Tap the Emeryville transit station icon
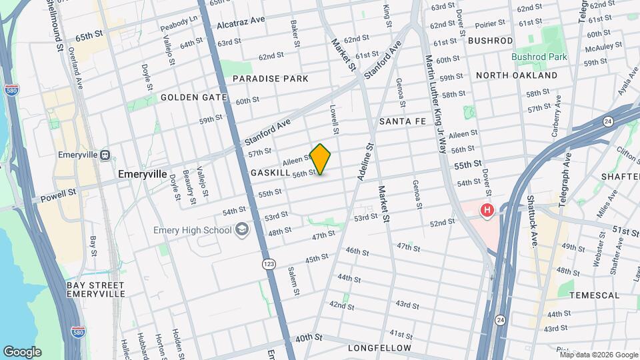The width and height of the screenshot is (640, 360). point(105,155)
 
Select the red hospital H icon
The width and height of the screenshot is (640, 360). point(487,211)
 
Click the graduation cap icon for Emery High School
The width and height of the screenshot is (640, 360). point(241,230)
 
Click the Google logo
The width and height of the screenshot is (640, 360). point(22,352)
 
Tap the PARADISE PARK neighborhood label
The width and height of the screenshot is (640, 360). point(270,79)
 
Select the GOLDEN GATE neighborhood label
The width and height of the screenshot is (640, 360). point(189,97)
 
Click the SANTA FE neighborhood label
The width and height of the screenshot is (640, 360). point(402,121)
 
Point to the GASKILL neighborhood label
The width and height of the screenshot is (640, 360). point(270,173)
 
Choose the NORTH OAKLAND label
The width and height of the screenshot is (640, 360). point(517,75)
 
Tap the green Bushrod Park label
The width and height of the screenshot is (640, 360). point(539,57)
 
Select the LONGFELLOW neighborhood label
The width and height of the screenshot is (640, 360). point(380,348)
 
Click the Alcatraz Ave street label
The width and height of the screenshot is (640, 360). point(241,25)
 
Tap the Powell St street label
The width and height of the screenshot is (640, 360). point(58,193)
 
